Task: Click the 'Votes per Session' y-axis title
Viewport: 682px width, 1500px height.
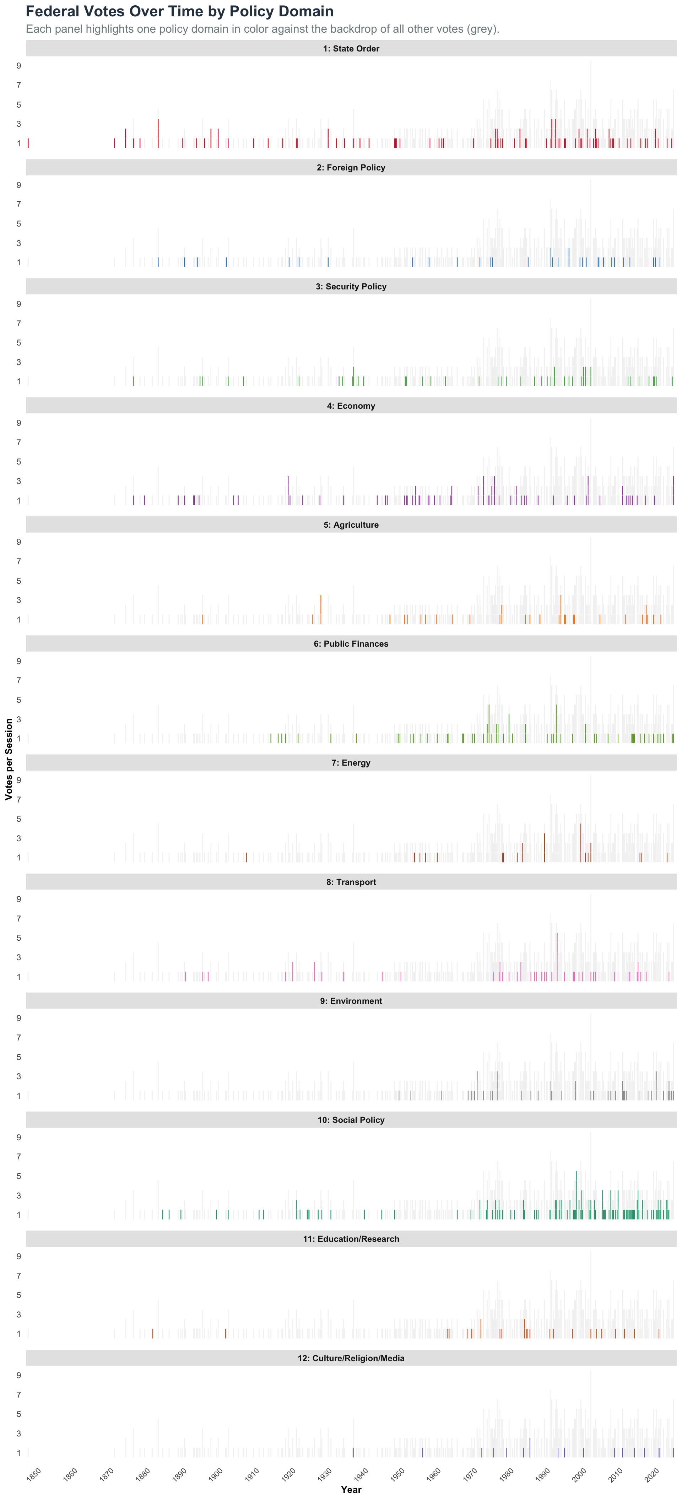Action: (x=9, y=759)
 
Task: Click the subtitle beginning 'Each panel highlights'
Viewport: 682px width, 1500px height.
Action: (x=262, y=29)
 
